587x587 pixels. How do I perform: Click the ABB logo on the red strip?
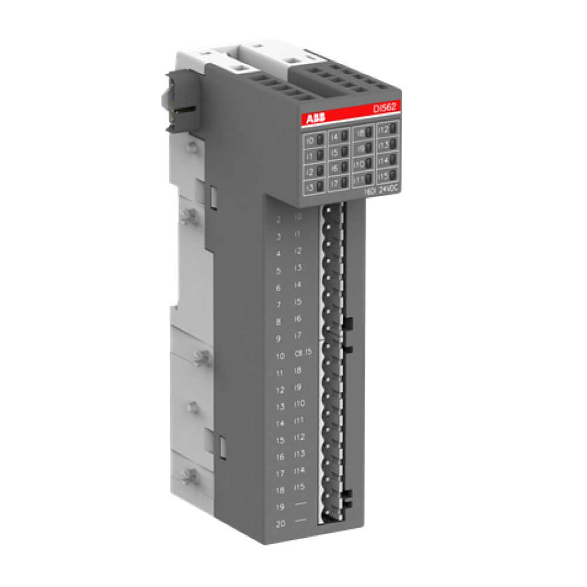click(313, 119)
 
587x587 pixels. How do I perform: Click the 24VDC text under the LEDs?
click(389, 190)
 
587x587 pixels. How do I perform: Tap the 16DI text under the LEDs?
click(369, 192)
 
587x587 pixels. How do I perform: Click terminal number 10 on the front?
click(279, 356)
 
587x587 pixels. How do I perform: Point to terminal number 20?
click(280, 524)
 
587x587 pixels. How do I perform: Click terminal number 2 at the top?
click(278, 220)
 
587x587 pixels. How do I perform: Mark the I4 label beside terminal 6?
click(297, 285)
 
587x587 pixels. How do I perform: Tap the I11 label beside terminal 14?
click(299, 420)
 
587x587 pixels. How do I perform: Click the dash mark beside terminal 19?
click(301, 504)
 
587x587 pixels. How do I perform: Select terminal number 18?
click(280, 490)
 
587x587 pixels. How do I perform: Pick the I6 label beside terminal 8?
click(298, 319)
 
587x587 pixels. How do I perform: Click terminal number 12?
click(280, 390)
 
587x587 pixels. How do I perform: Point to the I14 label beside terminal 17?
click(299, 470)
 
